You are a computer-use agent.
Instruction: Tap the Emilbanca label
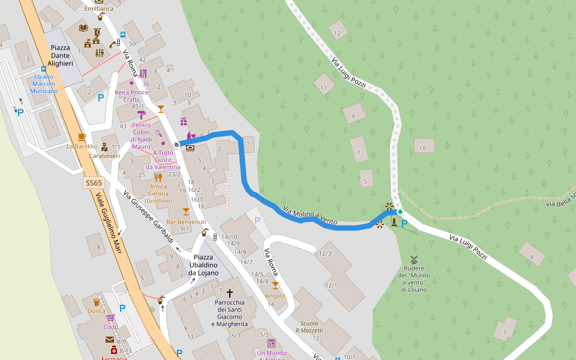point(98,9)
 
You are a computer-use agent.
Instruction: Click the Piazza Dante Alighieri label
point(61,55)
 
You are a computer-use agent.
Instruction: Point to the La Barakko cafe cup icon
point(82,137)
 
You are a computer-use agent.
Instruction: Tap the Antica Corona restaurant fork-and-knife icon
point(158,177)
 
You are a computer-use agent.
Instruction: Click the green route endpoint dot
point(400,211)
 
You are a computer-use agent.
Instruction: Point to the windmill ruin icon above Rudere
point(413,259)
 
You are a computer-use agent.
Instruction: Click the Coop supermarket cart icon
point(110,317)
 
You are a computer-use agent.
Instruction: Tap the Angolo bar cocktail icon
point(275,286)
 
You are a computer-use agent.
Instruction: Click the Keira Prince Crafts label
point(131,96)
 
